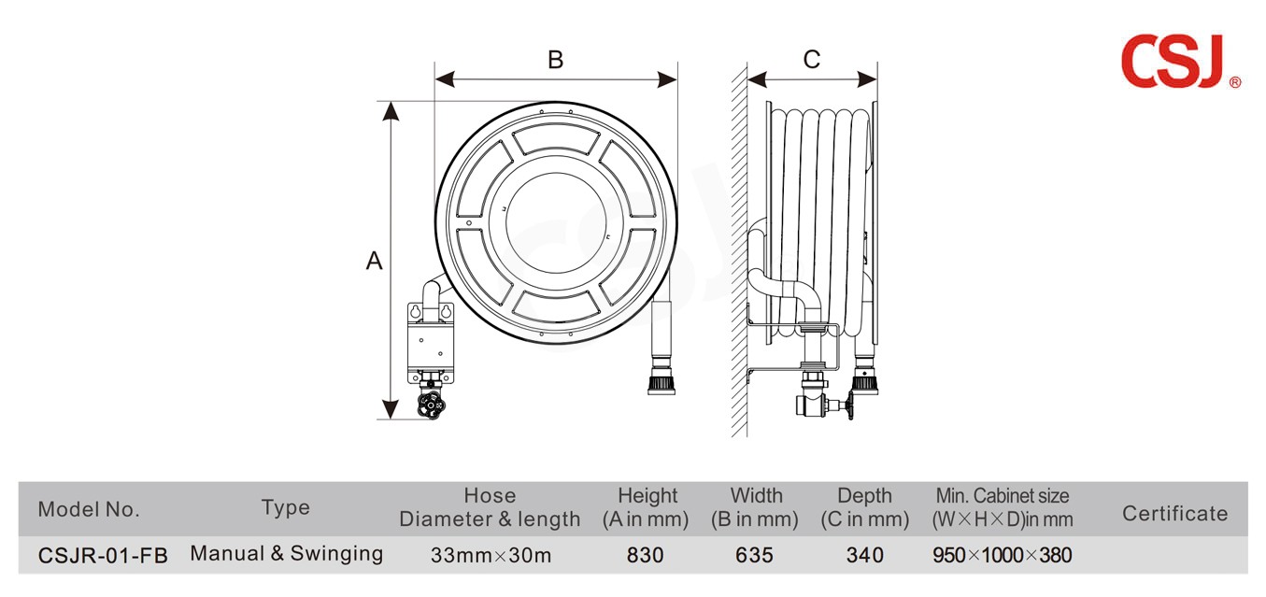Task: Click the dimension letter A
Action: click(x=374, y=261)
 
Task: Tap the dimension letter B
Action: click(x=555, y=60)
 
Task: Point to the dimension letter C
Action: click(x=811, y=60)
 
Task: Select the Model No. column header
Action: click(x=89, y=509)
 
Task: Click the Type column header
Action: click(x=285, y=507)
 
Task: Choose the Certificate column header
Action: click(x=1174, y=513)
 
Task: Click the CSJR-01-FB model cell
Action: click(x=103, y=555)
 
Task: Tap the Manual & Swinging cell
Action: click(x=286, y=553)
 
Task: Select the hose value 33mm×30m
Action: click(x=491, y=555)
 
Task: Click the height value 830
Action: click(x=645, y=555)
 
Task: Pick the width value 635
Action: click(x=754, y=555)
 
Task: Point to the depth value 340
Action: click(x=864, y=555)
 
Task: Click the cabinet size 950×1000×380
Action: click(x=1003, y=555)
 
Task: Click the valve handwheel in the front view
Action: click(x=431, y=405)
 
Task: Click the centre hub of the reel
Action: click(x=556, y=221)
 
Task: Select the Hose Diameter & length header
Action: click(x=490, y=507)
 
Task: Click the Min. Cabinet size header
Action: click(x=1003, y=507)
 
